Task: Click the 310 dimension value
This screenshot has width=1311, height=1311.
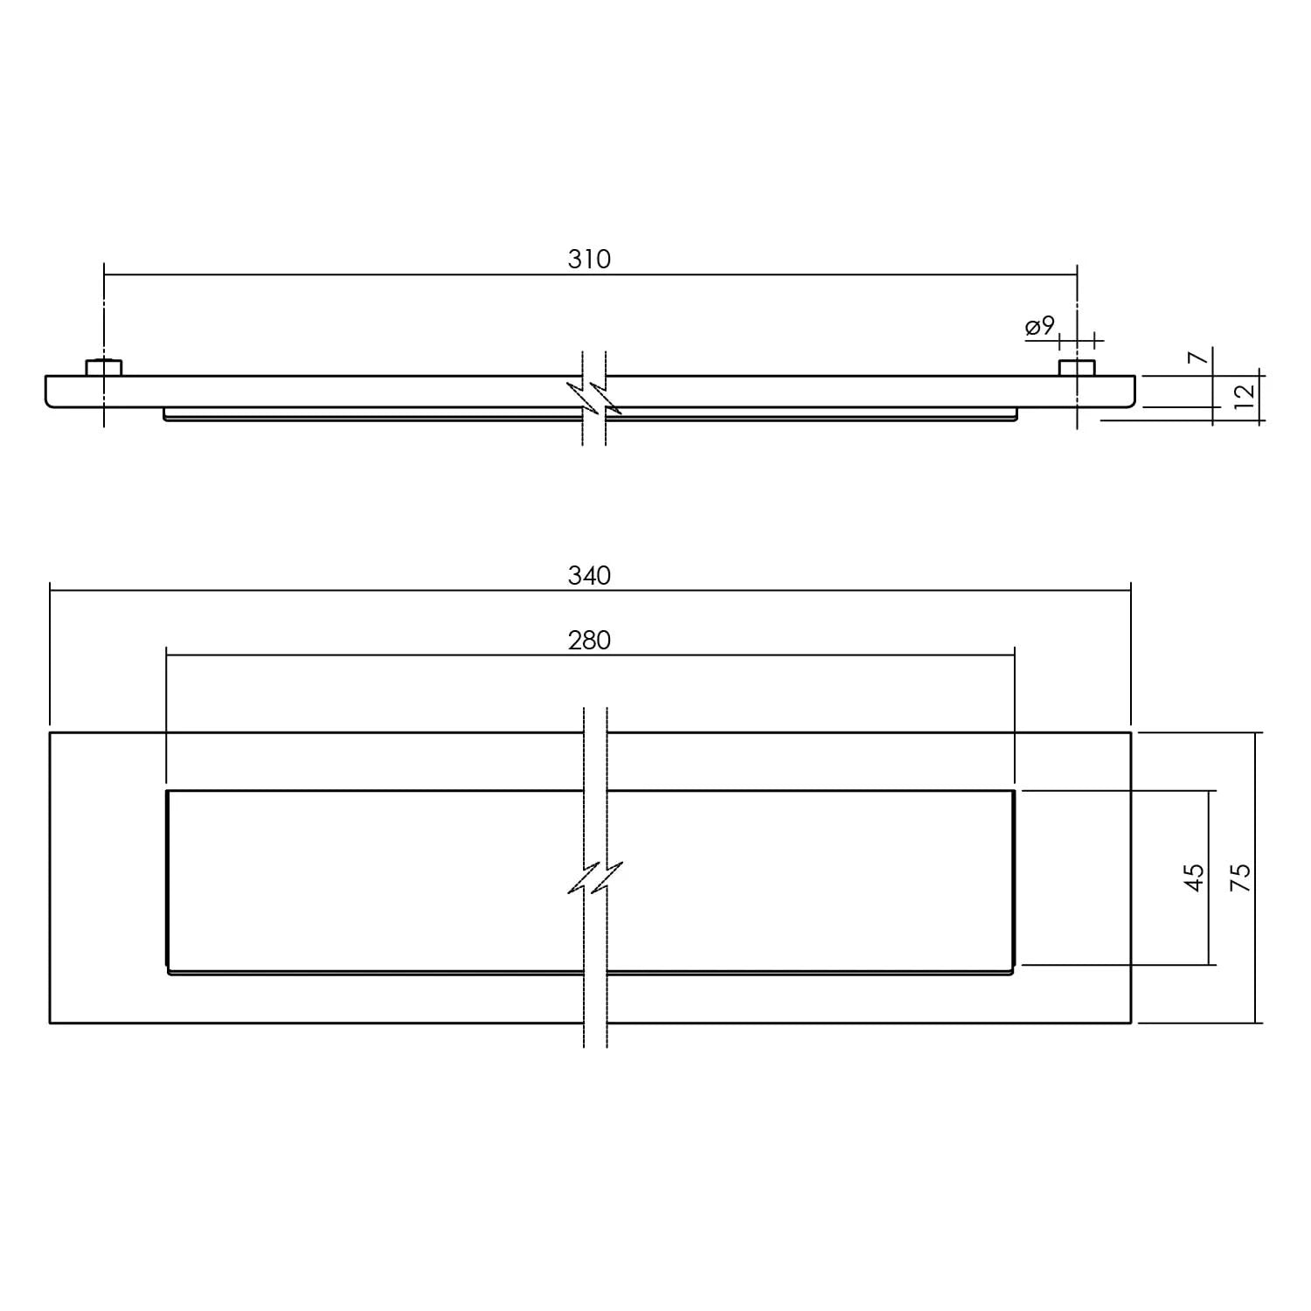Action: [589, 260]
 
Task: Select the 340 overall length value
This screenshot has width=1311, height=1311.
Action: [589, 576]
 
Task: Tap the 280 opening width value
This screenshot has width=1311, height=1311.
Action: [589, 641]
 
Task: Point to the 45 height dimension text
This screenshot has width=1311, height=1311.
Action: [1195, 877]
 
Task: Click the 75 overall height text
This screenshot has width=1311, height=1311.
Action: [1241, 877]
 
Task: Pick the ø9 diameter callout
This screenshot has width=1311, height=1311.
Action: [1040, 327]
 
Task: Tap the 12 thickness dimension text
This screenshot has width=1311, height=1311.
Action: [1245, 392]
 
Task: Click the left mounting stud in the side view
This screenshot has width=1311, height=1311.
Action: [104, 367]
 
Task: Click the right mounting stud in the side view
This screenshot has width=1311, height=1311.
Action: [1077, 367]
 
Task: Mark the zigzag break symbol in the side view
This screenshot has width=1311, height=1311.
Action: [594, 397]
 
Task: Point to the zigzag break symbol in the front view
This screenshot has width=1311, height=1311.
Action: [595, 877]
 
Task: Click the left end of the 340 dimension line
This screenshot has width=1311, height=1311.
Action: [51, 591]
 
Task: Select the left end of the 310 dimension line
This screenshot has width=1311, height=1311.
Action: [104, 274]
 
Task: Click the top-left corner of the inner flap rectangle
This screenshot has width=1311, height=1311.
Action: [167, 791]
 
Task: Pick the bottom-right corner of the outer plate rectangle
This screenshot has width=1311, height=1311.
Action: [1131, 1023]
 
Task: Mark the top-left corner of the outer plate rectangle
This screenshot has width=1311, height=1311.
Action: [51, 732]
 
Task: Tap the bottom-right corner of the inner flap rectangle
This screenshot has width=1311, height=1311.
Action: [1014, 972]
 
